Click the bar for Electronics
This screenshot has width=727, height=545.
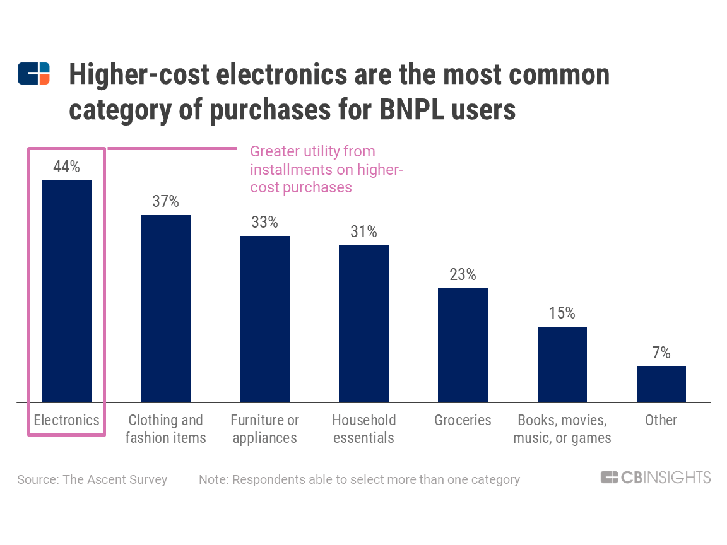pyautogui.click(x=66, y=291)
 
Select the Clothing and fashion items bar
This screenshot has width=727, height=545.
pyautogui.click(x=165, y=308)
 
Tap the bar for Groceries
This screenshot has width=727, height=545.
pyautogui.click(x=463, y=345)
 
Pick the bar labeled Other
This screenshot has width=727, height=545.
pyautogui.click(x=661, y=384)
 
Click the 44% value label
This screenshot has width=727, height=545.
pyautogui.click(x=66, y=167)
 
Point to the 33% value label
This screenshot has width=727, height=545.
pyautogui.click(x=264, y=222)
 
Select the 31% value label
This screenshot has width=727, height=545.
pyautogui.click(x=363, y=231)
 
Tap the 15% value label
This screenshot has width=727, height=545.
pyautogui.click(x=562, y=313)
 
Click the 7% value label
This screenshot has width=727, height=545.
pyautogui.click(x=661, y=353)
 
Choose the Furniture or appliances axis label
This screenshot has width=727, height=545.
pyautogui.click(x=264, y=429)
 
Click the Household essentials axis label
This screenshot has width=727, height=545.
pyautogui.click(x=363, y=429)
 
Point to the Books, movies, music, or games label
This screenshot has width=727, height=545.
pyautogui.click(x=562, y=429)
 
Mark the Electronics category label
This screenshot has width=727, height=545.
pyautogui.click(x=66, y=420)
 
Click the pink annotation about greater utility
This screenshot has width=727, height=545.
pyautogui.click(x=326, y=169)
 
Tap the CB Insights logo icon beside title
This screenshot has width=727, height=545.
pyautogui.click(x=33, y=74)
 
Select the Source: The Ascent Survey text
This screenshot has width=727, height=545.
pyautogui.click(x=92, y=479)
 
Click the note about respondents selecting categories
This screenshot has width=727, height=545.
pyautogui.click(x=359, y=479)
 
